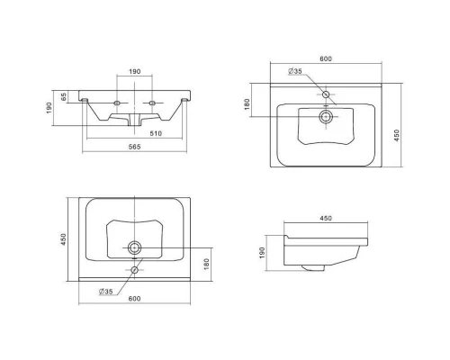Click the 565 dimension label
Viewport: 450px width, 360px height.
coord(134,147)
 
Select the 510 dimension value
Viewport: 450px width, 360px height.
coord(156,133)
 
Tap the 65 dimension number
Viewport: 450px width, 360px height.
coord(64,97)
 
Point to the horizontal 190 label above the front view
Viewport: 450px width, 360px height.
coord(135,71)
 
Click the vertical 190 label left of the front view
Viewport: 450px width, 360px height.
coord(49,108)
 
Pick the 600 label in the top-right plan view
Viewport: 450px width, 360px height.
coord(326,58)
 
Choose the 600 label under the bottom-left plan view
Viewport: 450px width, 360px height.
coord(134,299)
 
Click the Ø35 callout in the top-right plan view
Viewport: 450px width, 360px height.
coord(295,71)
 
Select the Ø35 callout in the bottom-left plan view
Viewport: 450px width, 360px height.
coord(105,292)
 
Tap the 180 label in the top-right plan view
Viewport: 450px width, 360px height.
coord(247,104)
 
